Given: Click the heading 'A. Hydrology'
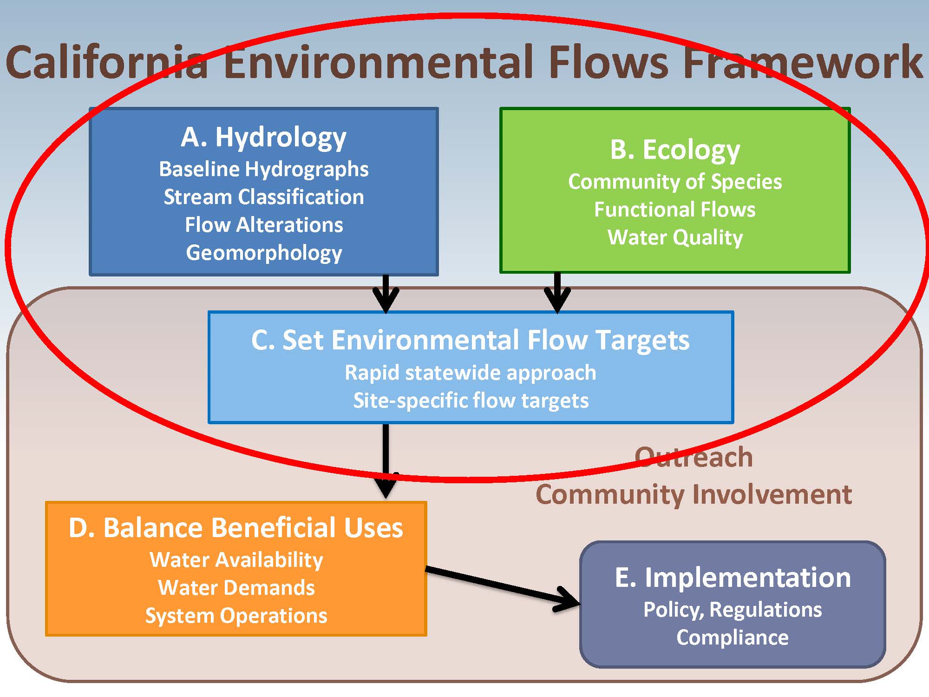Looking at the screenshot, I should (263, 138).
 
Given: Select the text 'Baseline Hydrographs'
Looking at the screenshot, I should (263, 169).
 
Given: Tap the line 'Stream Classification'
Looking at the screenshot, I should (263, 197).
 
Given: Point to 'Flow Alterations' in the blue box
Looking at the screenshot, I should (263, 225).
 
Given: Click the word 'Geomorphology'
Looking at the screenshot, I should (263, 253).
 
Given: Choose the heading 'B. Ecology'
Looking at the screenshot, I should (674, 150).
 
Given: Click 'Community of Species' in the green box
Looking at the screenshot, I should (674, 182).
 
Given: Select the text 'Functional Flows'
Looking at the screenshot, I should (674, 210).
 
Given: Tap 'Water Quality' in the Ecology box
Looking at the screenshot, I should (674, 237).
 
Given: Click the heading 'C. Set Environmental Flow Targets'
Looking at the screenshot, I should (470, 340).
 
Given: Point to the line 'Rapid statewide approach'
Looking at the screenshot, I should (470, 373).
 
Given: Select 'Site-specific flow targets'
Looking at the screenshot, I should (470, 401).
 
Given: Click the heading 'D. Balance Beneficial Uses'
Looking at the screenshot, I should (236, 528).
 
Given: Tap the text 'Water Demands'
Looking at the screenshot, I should (236, 588).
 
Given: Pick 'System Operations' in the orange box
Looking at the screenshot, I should (236, 616).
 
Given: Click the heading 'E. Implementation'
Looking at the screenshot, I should (733, 578).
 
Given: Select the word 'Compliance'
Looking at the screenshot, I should (733, 638).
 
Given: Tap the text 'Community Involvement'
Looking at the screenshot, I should (693, 494).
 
